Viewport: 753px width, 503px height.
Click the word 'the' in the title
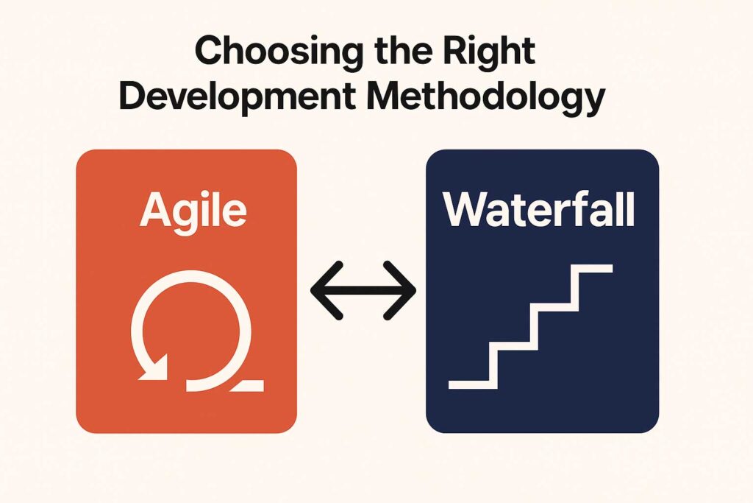click(x=397, y=50)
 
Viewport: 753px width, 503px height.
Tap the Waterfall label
click(x=539, y=210)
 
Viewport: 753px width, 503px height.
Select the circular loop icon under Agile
click(x=191, y=331)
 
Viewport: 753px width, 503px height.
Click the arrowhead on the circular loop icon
click(x=154, y=367)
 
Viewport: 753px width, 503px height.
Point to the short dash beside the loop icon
click(x=247, y=385)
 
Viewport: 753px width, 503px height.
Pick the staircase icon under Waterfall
click(x=531, y=326)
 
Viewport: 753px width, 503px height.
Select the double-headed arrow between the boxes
click(x=363, y=290)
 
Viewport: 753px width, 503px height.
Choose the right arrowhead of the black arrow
click(x=399, y=290)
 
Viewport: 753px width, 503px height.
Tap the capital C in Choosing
click(x=210, y=51)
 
